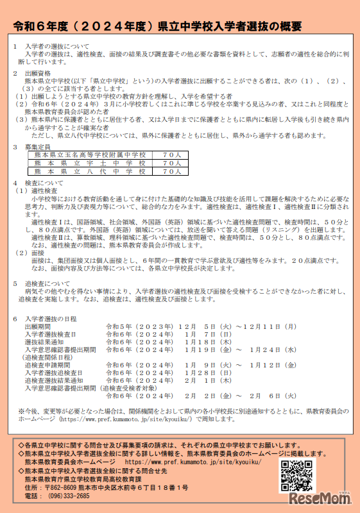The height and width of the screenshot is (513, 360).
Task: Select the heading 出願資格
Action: coord(39,74)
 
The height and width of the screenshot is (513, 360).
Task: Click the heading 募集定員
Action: coord(39,147)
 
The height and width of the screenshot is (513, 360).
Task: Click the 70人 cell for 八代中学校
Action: coord(171,172)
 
